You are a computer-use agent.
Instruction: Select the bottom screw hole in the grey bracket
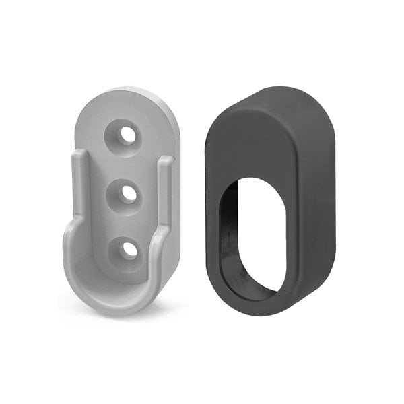tap(129, 249)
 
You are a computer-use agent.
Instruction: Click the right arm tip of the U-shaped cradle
tap(166, 162)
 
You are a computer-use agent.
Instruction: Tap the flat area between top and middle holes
tap(126, 164)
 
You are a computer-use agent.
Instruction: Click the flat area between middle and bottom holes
tap(127, 221)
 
